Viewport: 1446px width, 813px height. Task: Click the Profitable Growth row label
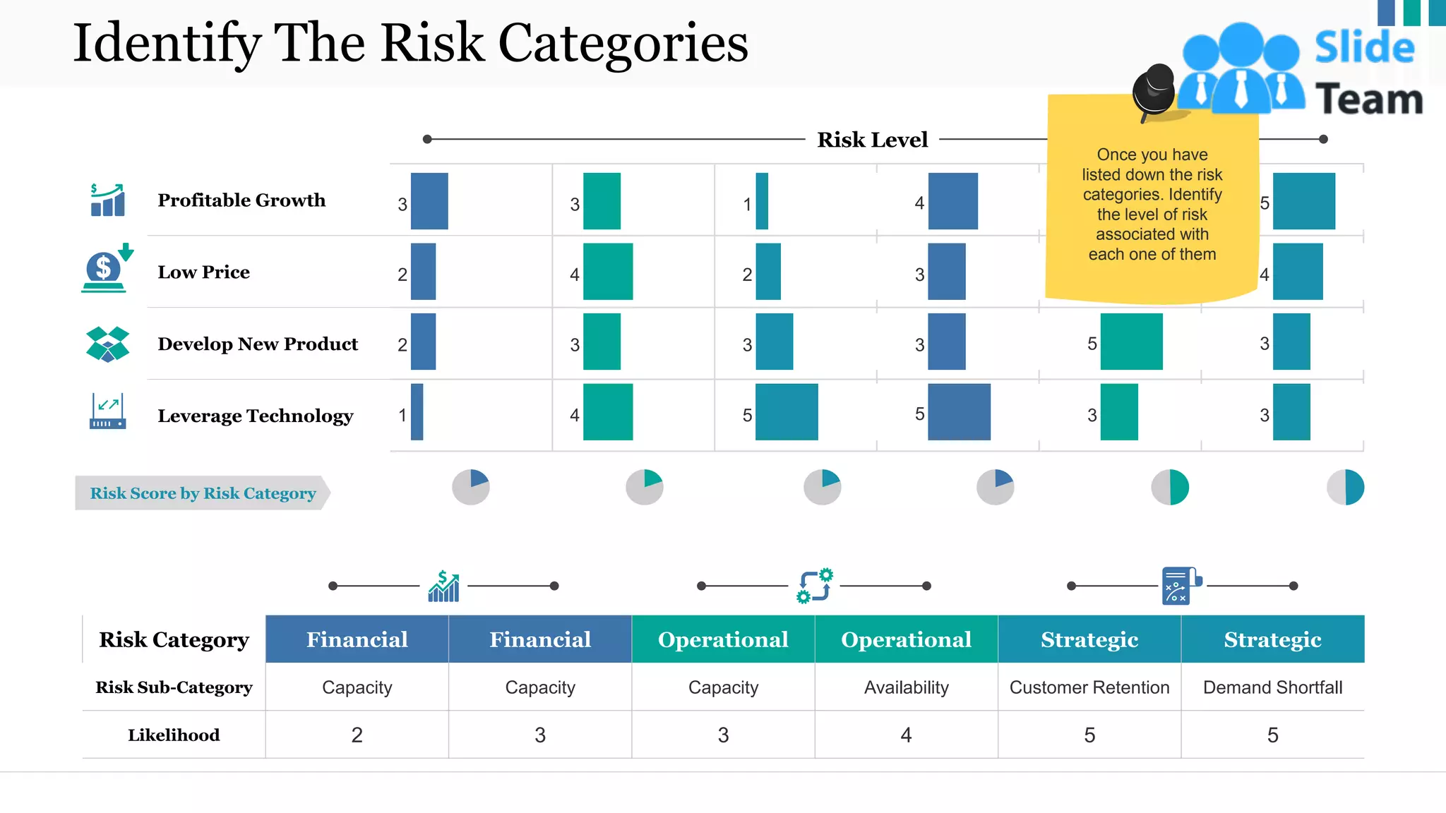click(241, 200)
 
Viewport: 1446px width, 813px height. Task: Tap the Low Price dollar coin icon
click(104, 269)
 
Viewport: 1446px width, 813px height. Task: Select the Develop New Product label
click(258, 344)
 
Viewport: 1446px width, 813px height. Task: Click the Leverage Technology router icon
click(107, 411)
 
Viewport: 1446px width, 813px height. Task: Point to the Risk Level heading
click(872, 140)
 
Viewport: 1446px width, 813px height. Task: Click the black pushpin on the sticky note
click(1154, 90)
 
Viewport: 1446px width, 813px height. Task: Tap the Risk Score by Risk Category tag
click(203, 493)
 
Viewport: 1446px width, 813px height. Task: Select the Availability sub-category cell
click(906, 687)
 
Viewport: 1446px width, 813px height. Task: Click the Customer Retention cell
click(1089, 687)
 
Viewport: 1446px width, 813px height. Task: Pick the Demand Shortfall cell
click(1272, 687)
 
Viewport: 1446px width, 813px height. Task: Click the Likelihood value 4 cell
click(906, 735)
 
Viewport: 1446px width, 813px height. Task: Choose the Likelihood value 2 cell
click(357, 735)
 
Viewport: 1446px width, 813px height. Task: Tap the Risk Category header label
click(174, 639)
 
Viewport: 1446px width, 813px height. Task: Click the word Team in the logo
click(1368, 100)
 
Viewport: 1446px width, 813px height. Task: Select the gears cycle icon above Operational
click(814, 586)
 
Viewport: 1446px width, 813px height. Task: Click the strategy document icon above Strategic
click(1181, 586)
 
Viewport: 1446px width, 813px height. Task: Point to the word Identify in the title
click(167, 44)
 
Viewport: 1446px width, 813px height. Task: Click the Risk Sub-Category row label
click(174, 687)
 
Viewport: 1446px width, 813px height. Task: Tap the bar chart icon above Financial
click(443, 586)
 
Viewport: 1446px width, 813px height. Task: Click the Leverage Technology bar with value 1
click(417, 412)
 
